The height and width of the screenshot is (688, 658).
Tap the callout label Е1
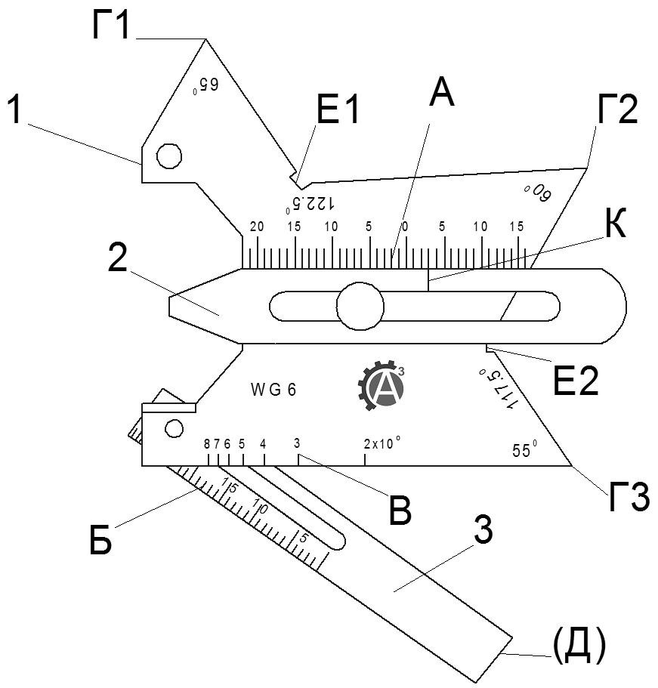coord(337,113)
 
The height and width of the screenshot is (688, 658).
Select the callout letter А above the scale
coord(441,95)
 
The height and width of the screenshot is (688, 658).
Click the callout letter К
coord(615,225)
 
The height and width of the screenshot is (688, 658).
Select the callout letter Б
coord(100,541)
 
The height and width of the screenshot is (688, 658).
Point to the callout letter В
coord(399,511)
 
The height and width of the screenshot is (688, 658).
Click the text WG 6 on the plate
coord(273,390)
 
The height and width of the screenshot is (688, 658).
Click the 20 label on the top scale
coord(257,227)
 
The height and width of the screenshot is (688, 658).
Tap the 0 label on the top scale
coord(405,227)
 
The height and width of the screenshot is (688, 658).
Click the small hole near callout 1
coord(168,156)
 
